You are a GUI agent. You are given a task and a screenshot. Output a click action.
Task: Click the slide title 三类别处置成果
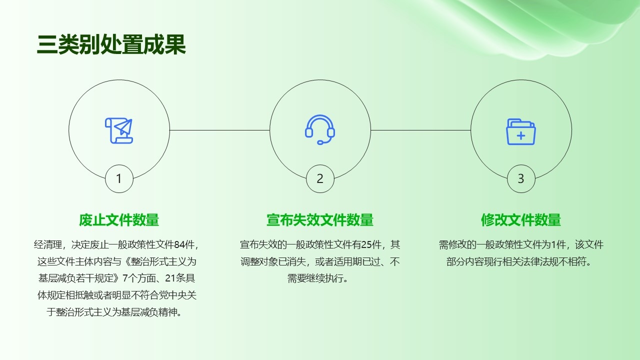click(111, 44)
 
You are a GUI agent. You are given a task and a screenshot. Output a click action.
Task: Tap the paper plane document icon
click(119, 130)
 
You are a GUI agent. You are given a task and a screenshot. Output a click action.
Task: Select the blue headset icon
click(320, 129)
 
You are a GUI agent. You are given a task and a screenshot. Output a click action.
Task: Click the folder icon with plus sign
click(521, 131)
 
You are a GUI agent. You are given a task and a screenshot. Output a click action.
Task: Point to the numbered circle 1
click(119, 178)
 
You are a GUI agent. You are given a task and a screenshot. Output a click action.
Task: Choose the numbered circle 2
click(320, 178)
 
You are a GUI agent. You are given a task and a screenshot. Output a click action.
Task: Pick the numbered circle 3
click(521, 178)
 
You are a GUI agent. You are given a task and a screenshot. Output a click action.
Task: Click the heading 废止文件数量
click(119, 220)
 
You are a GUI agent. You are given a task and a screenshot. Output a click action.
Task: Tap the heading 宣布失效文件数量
click(320, 220)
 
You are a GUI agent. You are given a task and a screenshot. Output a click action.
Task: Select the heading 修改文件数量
click(521, 220)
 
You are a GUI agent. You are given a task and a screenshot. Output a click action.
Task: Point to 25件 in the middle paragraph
click(371, 244)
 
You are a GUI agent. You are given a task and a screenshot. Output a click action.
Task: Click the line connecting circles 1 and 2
click(219, 130)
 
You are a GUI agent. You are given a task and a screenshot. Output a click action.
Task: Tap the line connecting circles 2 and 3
click(421, 130)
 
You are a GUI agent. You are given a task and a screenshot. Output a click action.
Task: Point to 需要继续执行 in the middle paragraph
click(315, 278)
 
